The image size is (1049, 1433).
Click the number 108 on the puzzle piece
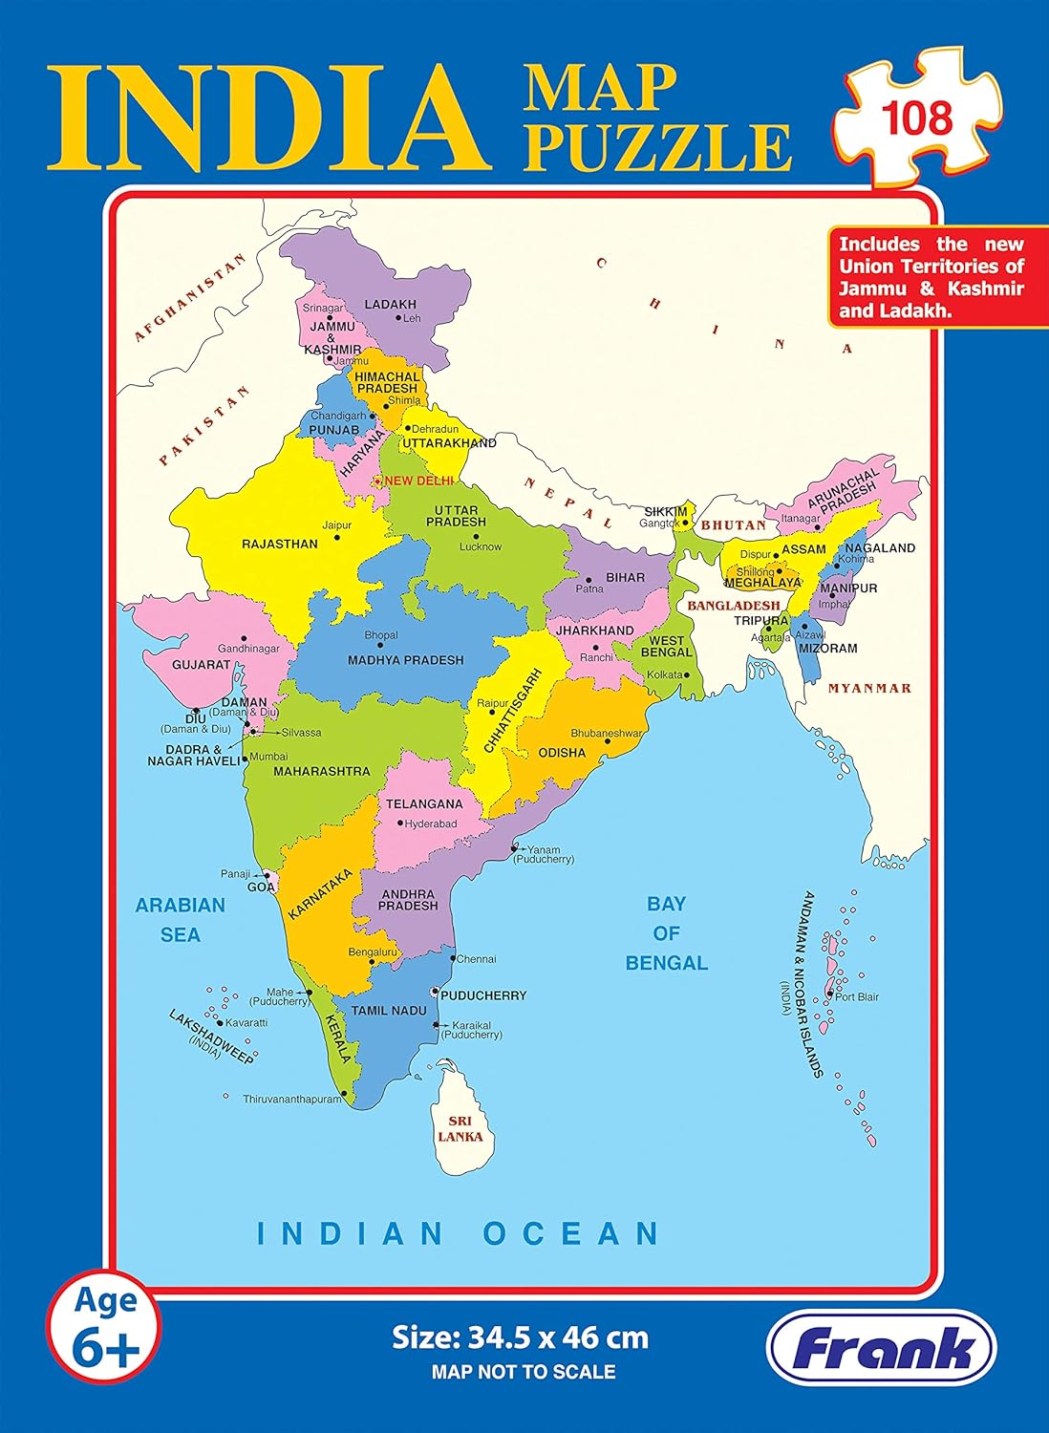[916, 118]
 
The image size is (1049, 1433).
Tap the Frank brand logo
[882, 1349]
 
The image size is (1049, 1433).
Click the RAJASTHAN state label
[280, 544]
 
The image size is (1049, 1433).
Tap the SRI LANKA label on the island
[460, 1129]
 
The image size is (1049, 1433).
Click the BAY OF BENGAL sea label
[666, 932]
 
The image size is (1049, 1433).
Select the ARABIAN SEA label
[180, 919]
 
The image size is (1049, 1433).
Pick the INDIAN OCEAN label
[459, 1233]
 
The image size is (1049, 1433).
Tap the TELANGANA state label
[424, 803]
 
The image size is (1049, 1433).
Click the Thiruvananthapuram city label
[291, 1100]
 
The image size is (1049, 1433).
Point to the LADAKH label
[391, 305]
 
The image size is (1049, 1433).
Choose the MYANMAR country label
[869, 688]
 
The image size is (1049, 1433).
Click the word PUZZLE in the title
[657, 146]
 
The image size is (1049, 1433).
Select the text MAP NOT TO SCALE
[524, 1372]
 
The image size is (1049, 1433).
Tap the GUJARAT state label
[201, 664]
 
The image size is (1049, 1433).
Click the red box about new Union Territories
[931, 277]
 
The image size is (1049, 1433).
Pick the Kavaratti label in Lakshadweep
[246, 1022]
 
